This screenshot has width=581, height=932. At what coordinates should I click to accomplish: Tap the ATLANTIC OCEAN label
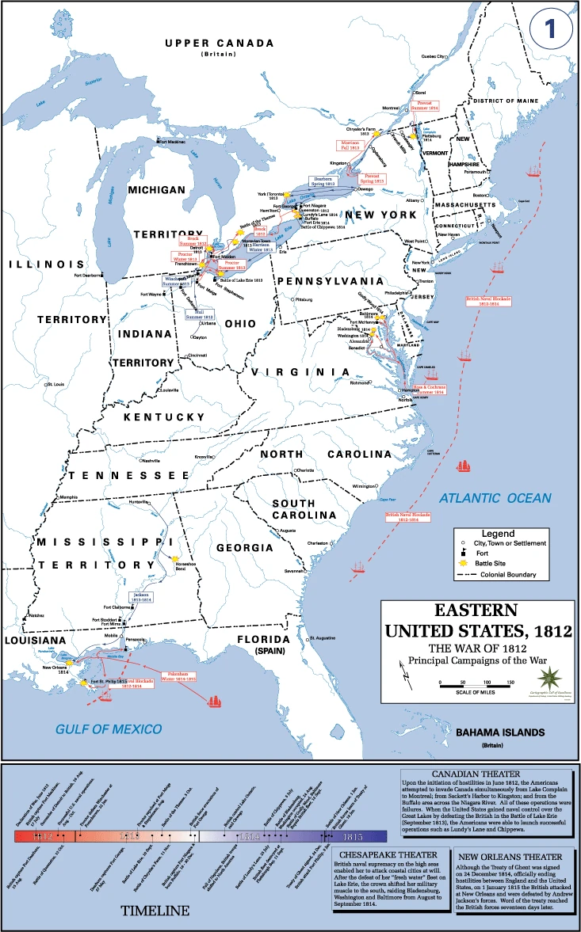pyautogui.click(x=495, y=498)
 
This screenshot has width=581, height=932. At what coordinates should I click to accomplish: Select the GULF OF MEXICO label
pyautogui.click(x=109, y=728)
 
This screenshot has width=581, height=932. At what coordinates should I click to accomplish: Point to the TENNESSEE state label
pyautogui.click(x=127, y=476)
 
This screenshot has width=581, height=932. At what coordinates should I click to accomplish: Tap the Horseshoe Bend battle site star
pyautogui.click(x=175, y=558)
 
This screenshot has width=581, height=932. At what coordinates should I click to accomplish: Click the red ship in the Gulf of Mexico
pyautogui.click(x=215, y=700)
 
